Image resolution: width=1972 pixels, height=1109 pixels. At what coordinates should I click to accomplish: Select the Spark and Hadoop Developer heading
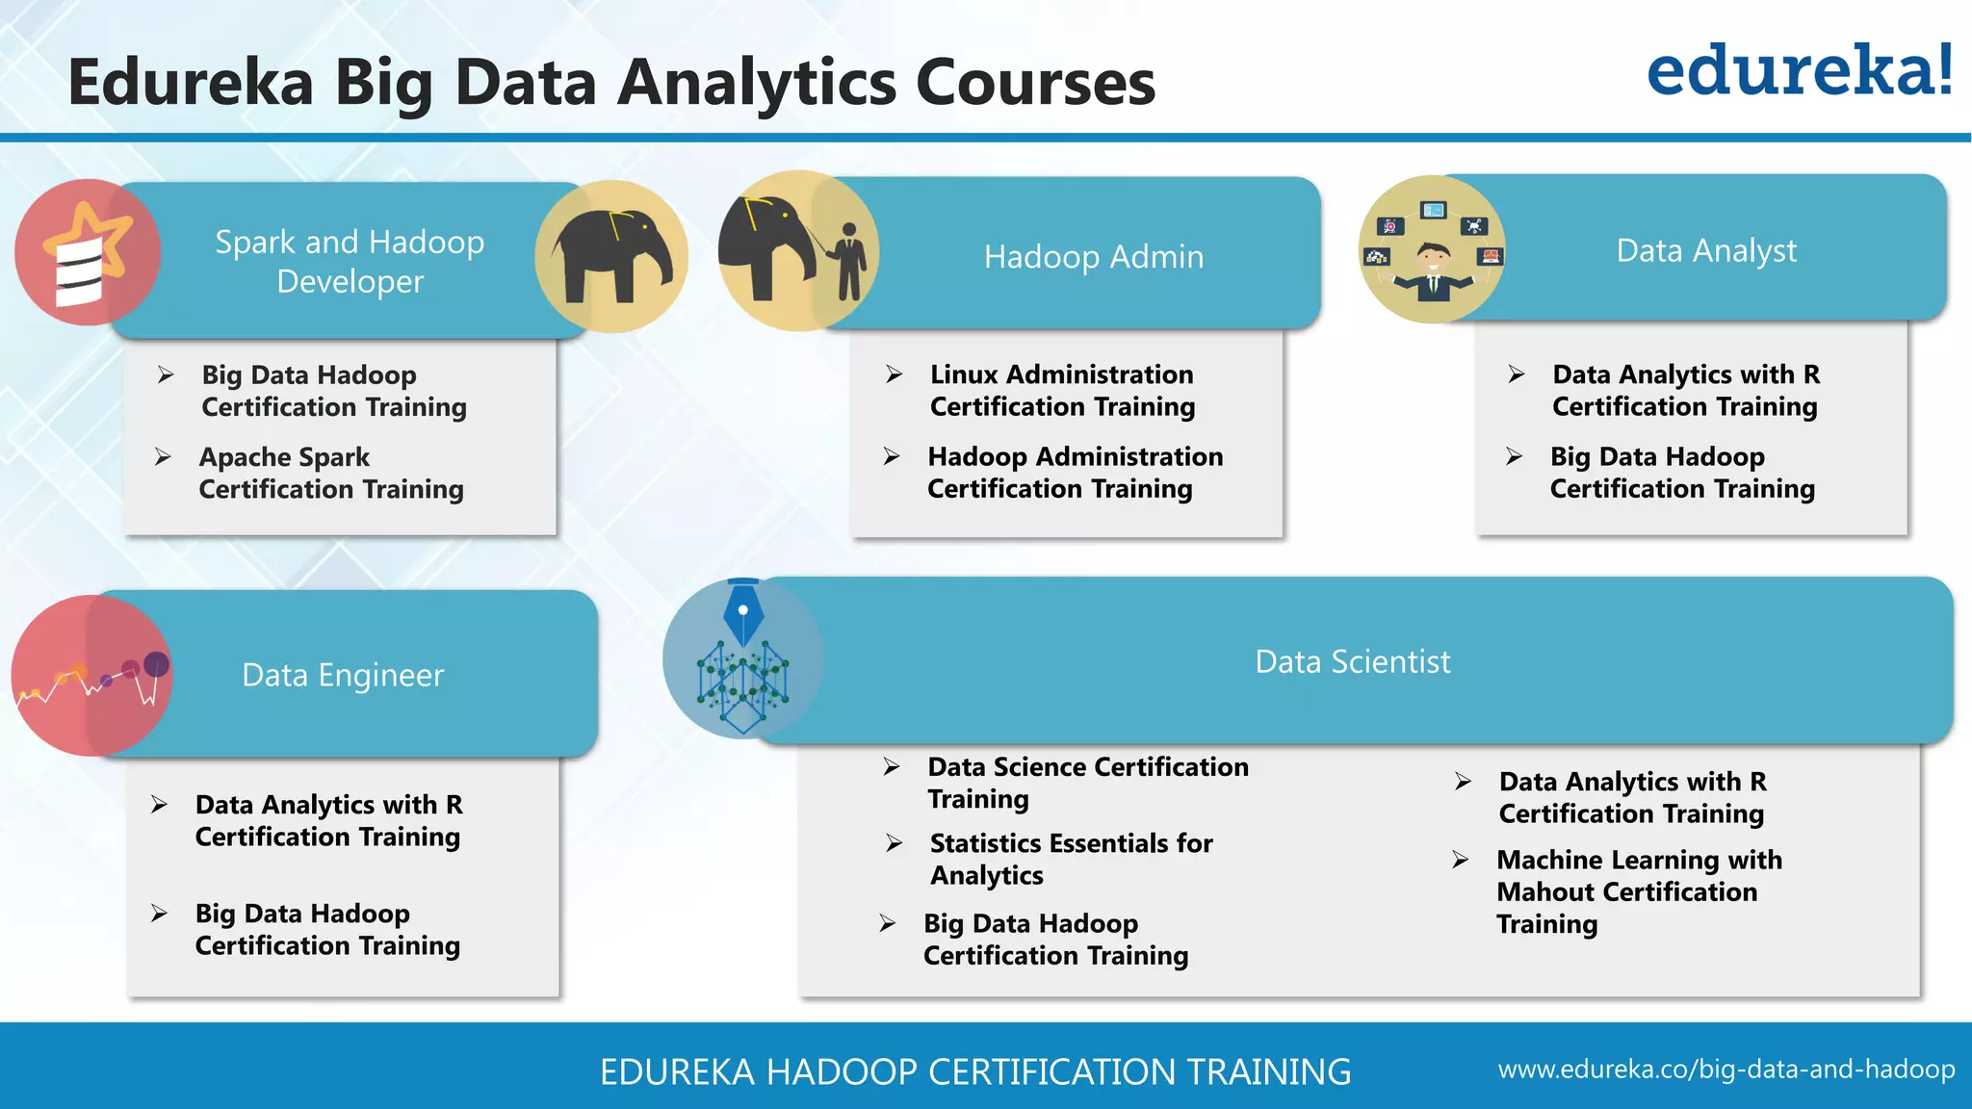click(x=350, y=261)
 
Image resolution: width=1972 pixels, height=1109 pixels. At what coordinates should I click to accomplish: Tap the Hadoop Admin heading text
click(x=1093, y=257)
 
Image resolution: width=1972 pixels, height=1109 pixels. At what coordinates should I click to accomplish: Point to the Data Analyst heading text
click(x=1705, y=250)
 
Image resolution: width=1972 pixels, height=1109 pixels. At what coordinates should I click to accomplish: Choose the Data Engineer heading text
click(x=343, y=675)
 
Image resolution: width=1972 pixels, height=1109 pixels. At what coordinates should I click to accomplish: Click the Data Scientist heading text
click(x=1352, y=661)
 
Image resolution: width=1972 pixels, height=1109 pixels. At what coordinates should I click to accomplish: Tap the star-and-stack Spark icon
click(x=87, y=253)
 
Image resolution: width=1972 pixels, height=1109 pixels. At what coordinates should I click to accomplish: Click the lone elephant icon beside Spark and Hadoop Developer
click(x=611, y=255)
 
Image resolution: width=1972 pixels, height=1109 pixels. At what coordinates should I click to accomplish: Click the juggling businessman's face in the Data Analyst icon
click(x=1433, y=259)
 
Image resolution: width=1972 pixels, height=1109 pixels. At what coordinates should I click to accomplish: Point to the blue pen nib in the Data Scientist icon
click(x=742, y=613)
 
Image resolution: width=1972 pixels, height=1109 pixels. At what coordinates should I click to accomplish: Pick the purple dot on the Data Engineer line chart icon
click(x=156, y=664)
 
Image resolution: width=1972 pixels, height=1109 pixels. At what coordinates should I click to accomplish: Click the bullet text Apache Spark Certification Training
click(x=331, y=473)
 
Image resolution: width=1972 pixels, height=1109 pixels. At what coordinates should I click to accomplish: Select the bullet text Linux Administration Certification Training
click(x=1062, y=390)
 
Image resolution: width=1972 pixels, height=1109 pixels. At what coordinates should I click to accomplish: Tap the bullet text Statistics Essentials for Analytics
click(x=1071, y=859)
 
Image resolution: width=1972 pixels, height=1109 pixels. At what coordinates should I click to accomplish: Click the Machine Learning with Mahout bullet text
click(x=1639, y=891)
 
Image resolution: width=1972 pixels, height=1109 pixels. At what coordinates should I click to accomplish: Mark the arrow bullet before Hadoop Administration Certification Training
click(x=893, y=456)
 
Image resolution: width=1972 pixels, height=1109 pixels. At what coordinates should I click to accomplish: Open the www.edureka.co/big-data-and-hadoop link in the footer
click(x=1725, y=1070)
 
